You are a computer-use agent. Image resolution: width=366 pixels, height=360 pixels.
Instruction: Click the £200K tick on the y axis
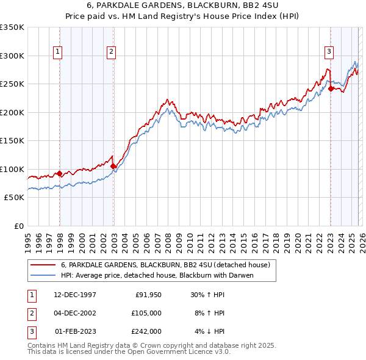pyautogui.click(x=12, y=112)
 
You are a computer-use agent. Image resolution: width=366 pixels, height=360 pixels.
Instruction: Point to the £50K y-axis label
pyautogui.click(x=14, y=198)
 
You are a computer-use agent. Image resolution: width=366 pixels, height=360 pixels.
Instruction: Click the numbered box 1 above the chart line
pyautogui.click(x=57, y=52)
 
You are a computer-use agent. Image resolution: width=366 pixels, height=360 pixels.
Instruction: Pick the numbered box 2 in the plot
pyautogui.click(x=112, y=52)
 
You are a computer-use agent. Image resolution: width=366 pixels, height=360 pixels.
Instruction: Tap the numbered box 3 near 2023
pyautogui.click(x=329, y=52)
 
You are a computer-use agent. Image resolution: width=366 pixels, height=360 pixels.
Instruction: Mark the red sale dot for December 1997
pyautogui.click(x=60, y=174)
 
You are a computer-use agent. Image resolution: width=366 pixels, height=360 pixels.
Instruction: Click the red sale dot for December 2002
pyautogui.click(x=113, y=166)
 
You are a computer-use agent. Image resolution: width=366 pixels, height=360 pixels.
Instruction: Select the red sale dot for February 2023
pyautogui.click(x=331, y=88)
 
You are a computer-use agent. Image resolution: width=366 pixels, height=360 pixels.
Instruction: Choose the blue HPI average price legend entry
pyautogui.click(x=156, y=275)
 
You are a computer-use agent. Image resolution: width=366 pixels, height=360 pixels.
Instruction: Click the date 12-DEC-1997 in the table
pyautogui.click(x=76, y=295)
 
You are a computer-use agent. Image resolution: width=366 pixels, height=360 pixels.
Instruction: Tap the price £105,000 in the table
pyautogui.click(x=146, y=313)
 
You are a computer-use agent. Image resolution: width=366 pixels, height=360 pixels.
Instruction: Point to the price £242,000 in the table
pyautogui.click(x=146, y=331)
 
